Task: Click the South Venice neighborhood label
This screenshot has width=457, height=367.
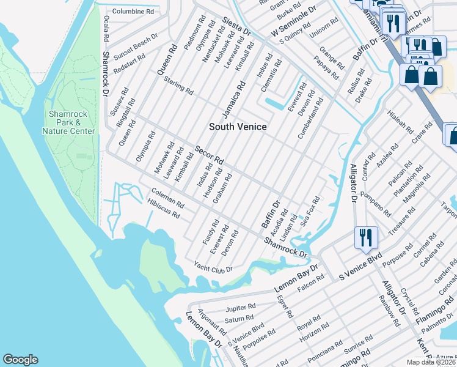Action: pyautogui.click(x=238, y=127)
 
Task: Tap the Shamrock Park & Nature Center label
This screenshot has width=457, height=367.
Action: pyautogui.click(x=72, y=122)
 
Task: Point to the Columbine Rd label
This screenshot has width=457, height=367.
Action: pyautogui.click(x=133, y=12)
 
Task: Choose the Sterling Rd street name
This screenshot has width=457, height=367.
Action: pyautogui.click(x=178, y=86)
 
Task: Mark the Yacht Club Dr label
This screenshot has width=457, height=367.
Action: pyautogui.click(x=213, y=267)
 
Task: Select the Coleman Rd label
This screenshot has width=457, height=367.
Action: pyautogui.click(x=167, y=197)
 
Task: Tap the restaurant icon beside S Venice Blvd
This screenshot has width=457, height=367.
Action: pyautogui.click(x=365, y=237)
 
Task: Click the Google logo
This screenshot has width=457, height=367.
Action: pyautogui.click(x=20, y=360)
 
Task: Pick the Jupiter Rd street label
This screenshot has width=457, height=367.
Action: pyautogui.click(x=239, y=306)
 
